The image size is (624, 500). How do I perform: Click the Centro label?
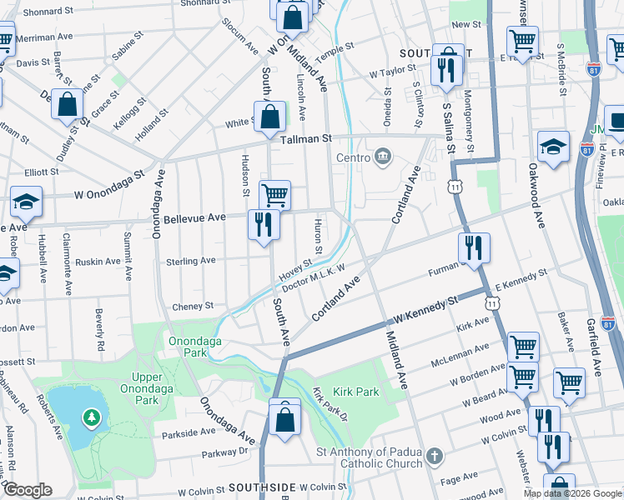[352, 158]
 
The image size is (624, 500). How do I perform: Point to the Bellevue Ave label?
[194, 217]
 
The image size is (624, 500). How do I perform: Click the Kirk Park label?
[356, 392]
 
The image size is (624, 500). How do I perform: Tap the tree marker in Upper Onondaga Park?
[89, 417]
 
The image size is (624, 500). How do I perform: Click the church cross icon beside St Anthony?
[433, 456]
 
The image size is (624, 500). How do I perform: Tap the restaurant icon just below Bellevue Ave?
[262, 225]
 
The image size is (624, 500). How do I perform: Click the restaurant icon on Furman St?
[473, 247]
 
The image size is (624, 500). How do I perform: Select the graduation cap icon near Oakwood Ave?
[553, 147]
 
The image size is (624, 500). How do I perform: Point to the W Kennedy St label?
[428, 310]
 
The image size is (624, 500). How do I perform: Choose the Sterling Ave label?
[191, 261]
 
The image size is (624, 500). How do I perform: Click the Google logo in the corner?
[28, 490]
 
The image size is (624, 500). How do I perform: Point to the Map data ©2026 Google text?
[572, 493]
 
